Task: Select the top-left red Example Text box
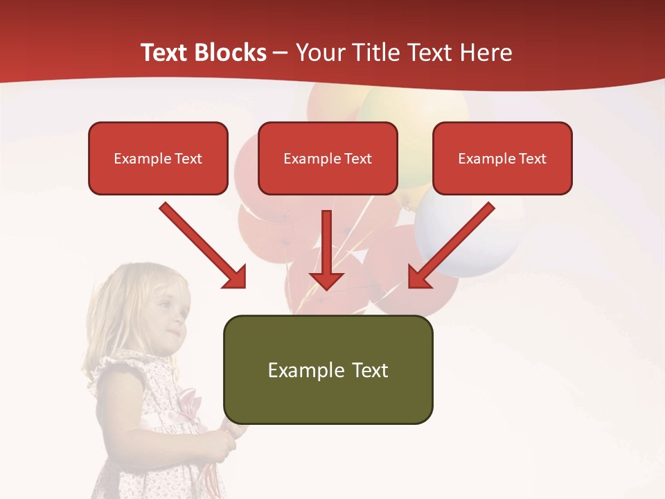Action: pyautogui.click(x=158, y=159)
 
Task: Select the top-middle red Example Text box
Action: pyautogui.click(x=328, y=159)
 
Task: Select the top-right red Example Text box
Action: pyautogui.click(x=502, y=159)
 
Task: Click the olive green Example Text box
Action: pyautogui.click(x=328, y=370)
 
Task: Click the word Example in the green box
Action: pyautogui.click(x=296, y=370)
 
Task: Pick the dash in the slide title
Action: pyautogui.click(x=281, y=53)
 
